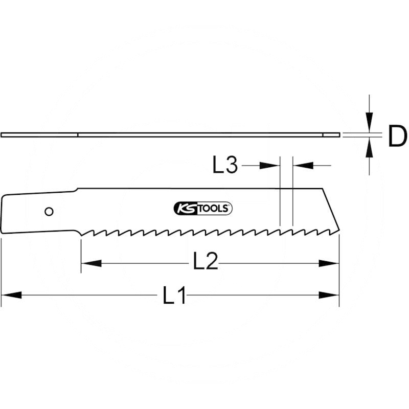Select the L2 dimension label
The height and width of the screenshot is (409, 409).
click(x=205, y=263)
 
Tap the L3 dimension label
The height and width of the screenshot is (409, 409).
click(x=225, y=165)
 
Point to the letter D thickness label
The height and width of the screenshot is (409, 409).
click(x=397, y=137)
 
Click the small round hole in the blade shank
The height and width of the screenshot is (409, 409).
click(x=49, y=211)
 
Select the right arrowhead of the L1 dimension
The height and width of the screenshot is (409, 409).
click(x=329, y=295)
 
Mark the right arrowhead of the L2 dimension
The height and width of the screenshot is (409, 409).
click(x=329, y=263)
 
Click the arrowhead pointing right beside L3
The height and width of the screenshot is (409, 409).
click(x=271, y=165)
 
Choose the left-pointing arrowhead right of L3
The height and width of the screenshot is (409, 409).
click(x=302, y=165)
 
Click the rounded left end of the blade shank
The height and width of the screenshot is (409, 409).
click(x=4, y=215)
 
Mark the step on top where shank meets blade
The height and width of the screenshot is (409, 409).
click(x=77, y=190)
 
